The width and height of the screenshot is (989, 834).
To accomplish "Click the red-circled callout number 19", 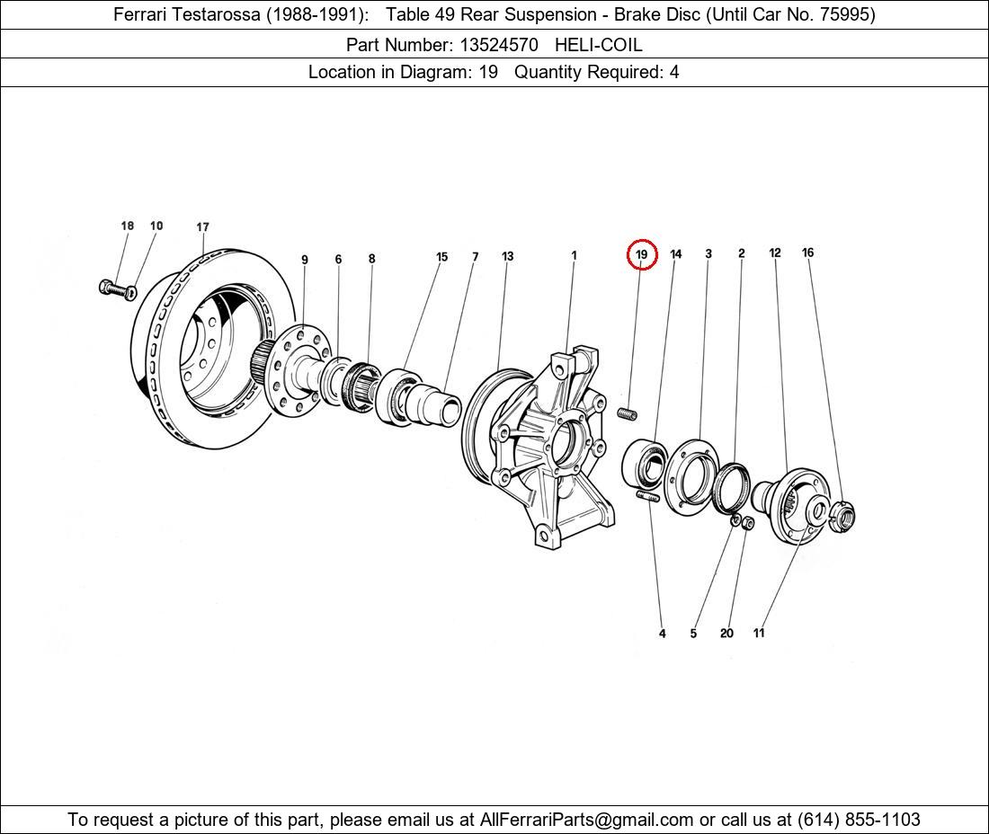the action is click(x=641, y=254).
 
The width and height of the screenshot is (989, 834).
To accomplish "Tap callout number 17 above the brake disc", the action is click(x=202, y=227).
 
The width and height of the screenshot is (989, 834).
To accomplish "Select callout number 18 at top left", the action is click(x=128, y=226).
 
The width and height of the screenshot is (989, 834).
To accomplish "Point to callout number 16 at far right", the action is click(x=808, y=253).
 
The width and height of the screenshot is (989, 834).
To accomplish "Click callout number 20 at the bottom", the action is click(x=726, y=633).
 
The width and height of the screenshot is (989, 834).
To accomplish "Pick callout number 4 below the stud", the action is click(x=663, y=633).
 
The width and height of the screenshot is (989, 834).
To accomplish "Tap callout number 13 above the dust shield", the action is click(x=508, y=256).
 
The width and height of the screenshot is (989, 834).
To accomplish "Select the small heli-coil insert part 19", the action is click(x=627, y=413).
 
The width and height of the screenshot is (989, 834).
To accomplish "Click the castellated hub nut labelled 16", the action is click(x=842, y=515).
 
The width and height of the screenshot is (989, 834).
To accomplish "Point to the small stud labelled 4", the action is click(x=648, y=497).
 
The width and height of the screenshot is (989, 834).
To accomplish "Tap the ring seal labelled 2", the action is click(x=732, y=487).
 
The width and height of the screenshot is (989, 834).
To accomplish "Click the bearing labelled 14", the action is click(x=645, y=464).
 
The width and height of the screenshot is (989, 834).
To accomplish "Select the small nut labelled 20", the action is click(x=747, y=522).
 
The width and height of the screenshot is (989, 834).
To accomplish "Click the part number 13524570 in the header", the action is click(x=499, y=45).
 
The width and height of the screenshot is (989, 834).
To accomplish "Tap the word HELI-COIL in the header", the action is click(x=599, y=45).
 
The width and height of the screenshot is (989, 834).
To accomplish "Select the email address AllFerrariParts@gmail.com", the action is click(x=586, y=820).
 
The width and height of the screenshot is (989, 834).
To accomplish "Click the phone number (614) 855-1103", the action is click(x=859, y=820).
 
